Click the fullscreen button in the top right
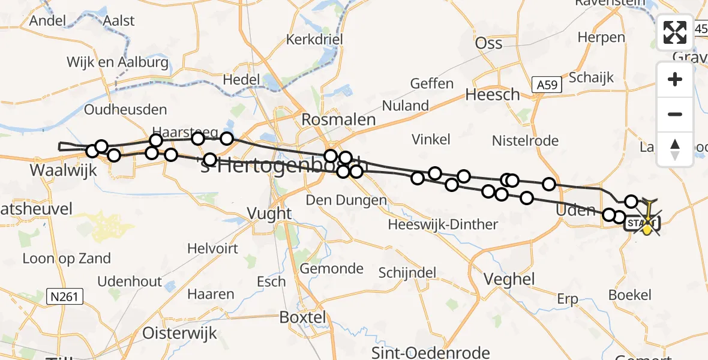point(675,32)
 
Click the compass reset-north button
point(675,149)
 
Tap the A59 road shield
point(546,85)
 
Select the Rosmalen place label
point(338,119)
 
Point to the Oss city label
point(488,43)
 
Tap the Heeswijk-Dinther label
point(443,224)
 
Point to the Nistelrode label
point(525,141)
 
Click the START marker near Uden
point(642,224)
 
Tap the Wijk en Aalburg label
point(118,62)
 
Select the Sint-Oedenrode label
point(430,352)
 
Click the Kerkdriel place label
point(314,40)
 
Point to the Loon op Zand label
point(67,259)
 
